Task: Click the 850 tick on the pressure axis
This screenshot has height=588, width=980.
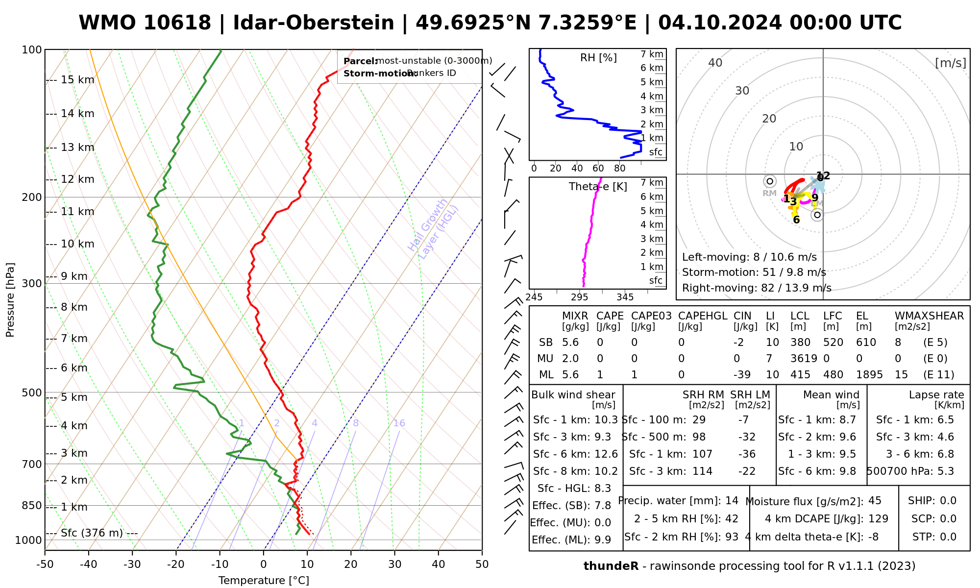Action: tap(32, 505)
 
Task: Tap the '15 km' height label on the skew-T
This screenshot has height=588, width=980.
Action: tap(77, 80)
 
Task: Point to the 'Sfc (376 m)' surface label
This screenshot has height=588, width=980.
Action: tap(92, 533)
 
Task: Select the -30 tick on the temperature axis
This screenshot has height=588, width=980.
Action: tap(132, 564)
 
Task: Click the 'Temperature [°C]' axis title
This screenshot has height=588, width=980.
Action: tap(264, 581)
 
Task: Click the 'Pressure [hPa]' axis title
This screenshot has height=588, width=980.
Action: tap(10, 300)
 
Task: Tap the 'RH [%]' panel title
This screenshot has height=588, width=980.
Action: tap(598, 58)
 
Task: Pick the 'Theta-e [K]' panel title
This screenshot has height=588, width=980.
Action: tap(598, 187)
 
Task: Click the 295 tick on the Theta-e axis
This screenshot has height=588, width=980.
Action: tap(580, 297)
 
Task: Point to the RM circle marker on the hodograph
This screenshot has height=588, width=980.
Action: tap(770, 181)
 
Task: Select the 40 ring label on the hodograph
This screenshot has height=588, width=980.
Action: tap(715, 63)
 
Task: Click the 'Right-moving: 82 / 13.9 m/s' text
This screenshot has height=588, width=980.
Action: tap(757, 288)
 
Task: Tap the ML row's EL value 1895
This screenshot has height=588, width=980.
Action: tap(869, 375)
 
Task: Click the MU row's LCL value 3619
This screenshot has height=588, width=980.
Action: tap(804, 359)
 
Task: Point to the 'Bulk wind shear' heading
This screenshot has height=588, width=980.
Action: tap(573, 395)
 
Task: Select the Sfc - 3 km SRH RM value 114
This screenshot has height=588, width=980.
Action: tap(702, 471)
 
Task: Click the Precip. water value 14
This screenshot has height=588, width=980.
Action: tap(732, 501)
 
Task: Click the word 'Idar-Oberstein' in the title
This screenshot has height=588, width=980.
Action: tap(313, 23)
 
